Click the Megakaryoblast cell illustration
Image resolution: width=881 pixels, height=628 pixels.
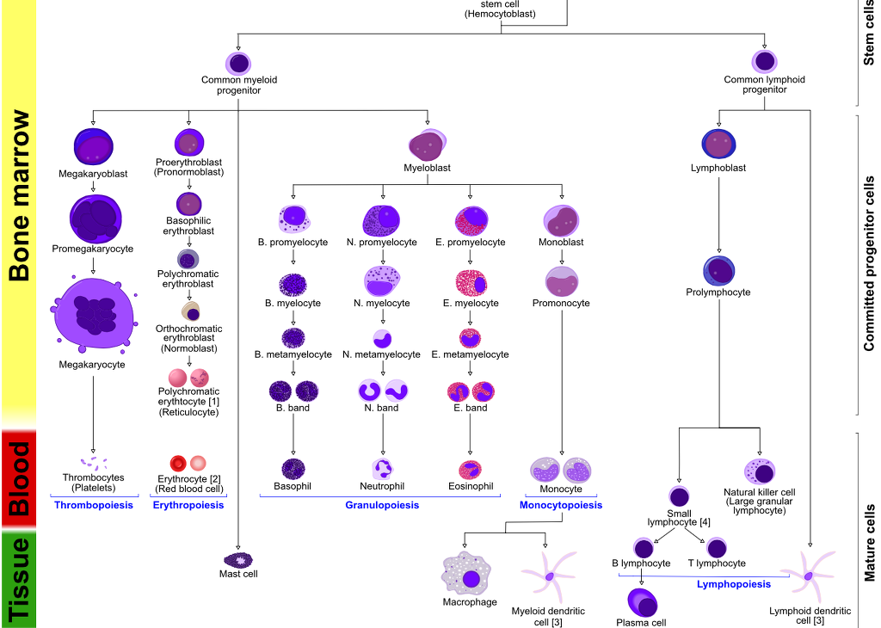tap(93, 146)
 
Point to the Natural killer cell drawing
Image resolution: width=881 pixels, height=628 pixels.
tap(761, 472)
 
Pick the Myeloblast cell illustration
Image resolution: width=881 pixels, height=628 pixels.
tap(427, 142)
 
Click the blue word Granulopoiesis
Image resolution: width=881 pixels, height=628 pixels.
tap(382, 505)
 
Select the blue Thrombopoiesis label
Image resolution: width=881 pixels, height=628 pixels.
tap(93, 505)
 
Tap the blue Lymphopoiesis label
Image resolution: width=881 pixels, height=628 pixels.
tap(733, 584)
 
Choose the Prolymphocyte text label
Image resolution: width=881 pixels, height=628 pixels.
tap(718, 292)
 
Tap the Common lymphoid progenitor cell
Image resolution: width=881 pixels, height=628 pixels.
tap(765, 62)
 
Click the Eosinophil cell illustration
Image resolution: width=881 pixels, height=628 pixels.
tap(470, 470)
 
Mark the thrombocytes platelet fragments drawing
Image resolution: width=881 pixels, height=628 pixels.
tap(93, 462)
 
